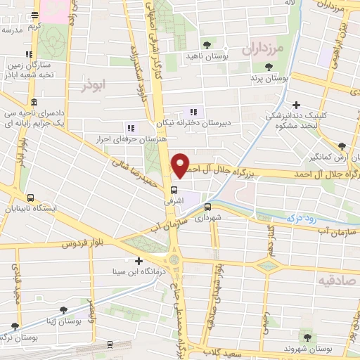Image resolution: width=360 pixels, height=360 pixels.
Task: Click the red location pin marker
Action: point(180,166)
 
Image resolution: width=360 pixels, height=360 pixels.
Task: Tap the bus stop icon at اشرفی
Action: point(174,190)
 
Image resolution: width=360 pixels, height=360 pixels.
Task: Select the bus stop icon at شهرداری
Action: point(207,207)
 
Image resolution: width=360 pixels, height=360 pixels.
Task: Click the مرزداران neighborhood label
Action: point(261,50)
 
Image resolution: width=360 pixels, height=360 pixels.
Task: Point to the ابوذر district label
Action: point(92,86)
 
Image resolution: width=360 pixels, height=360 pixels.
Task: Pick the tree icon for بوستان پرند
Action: point(267,66)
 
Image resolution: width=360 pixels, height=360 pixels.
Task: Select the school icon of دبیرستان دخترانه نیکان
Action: point(193,111)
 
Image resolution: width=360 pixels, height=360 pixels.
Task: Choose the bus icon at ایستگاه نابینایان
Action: point(30,198)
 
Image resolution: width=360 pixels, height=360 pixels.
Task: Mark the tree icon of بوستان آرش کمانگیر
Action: point(342,146)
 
